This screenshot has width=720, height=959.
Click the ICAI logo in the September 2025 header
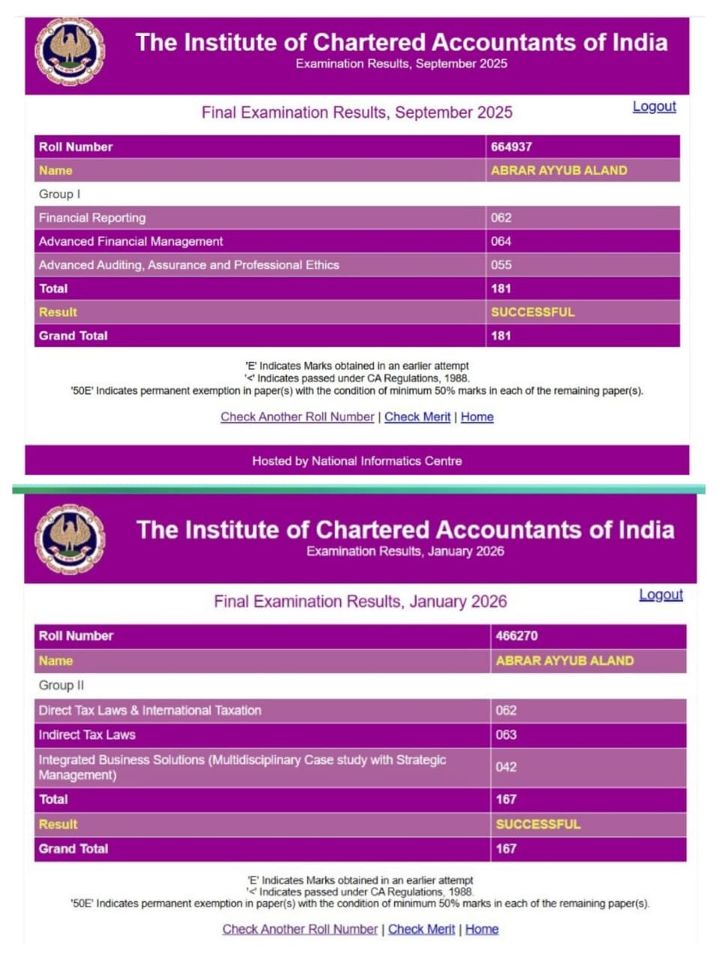(x=70, y=52)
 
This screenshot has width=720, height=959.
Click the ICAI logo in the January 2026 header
(x=70, y=539)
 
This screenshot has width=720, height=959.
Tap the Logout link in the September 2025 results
(x=654, y=106)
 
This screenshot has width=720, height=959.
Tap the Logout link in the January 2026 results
(x=661, y=594)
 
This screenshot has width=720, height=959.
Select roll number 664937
(x=512, y=147)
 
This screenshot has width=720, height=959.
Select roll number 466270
(x=516, y=636)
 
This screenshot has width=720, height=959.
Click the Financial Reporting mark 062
(x=501, y=218)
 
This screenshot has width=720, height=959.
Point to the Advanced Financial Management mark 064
(x=501, y=241)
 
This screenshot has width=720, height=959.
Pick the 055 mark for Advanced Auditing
(x=501, y=265)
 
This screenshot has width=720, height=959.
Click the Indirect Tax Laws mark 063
(x=506, y=735)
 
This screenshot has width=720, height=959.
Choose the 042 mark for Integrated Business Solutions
(x=506, y=767)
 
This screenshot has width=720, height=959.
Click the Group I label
(x=59, y=194)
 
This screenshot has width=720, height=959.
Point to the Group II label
(x=61, y=686)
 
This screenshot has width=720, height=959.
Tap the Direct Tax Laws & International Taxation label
(x=150, y=710)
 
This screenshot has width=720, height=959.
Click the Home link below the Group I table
(x=477, y=417)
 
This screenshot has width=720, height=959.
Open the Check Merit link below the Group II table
(x=421, y=929)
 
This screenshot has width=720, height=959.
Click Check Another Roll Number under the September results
(x=297, y=417)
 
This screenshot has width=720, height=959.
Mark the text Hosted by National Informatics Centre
(x=357, y=461)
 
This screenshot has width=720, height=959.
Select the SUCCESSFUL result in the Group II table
(x=538, y=824)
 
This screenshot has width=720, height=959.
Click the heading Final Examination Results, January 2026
(x=360, y=602)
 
